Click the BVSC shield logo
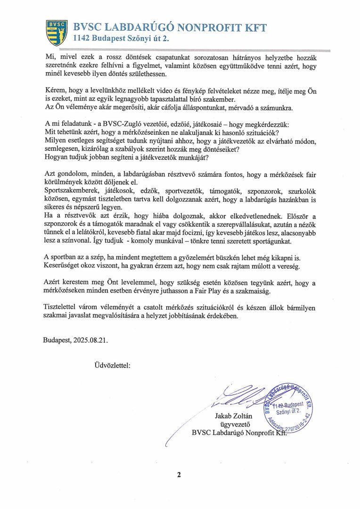pos(56,32)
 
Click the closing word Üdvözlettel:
pos(109,364)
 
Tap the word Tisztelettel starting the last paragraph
pos(63,308)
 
